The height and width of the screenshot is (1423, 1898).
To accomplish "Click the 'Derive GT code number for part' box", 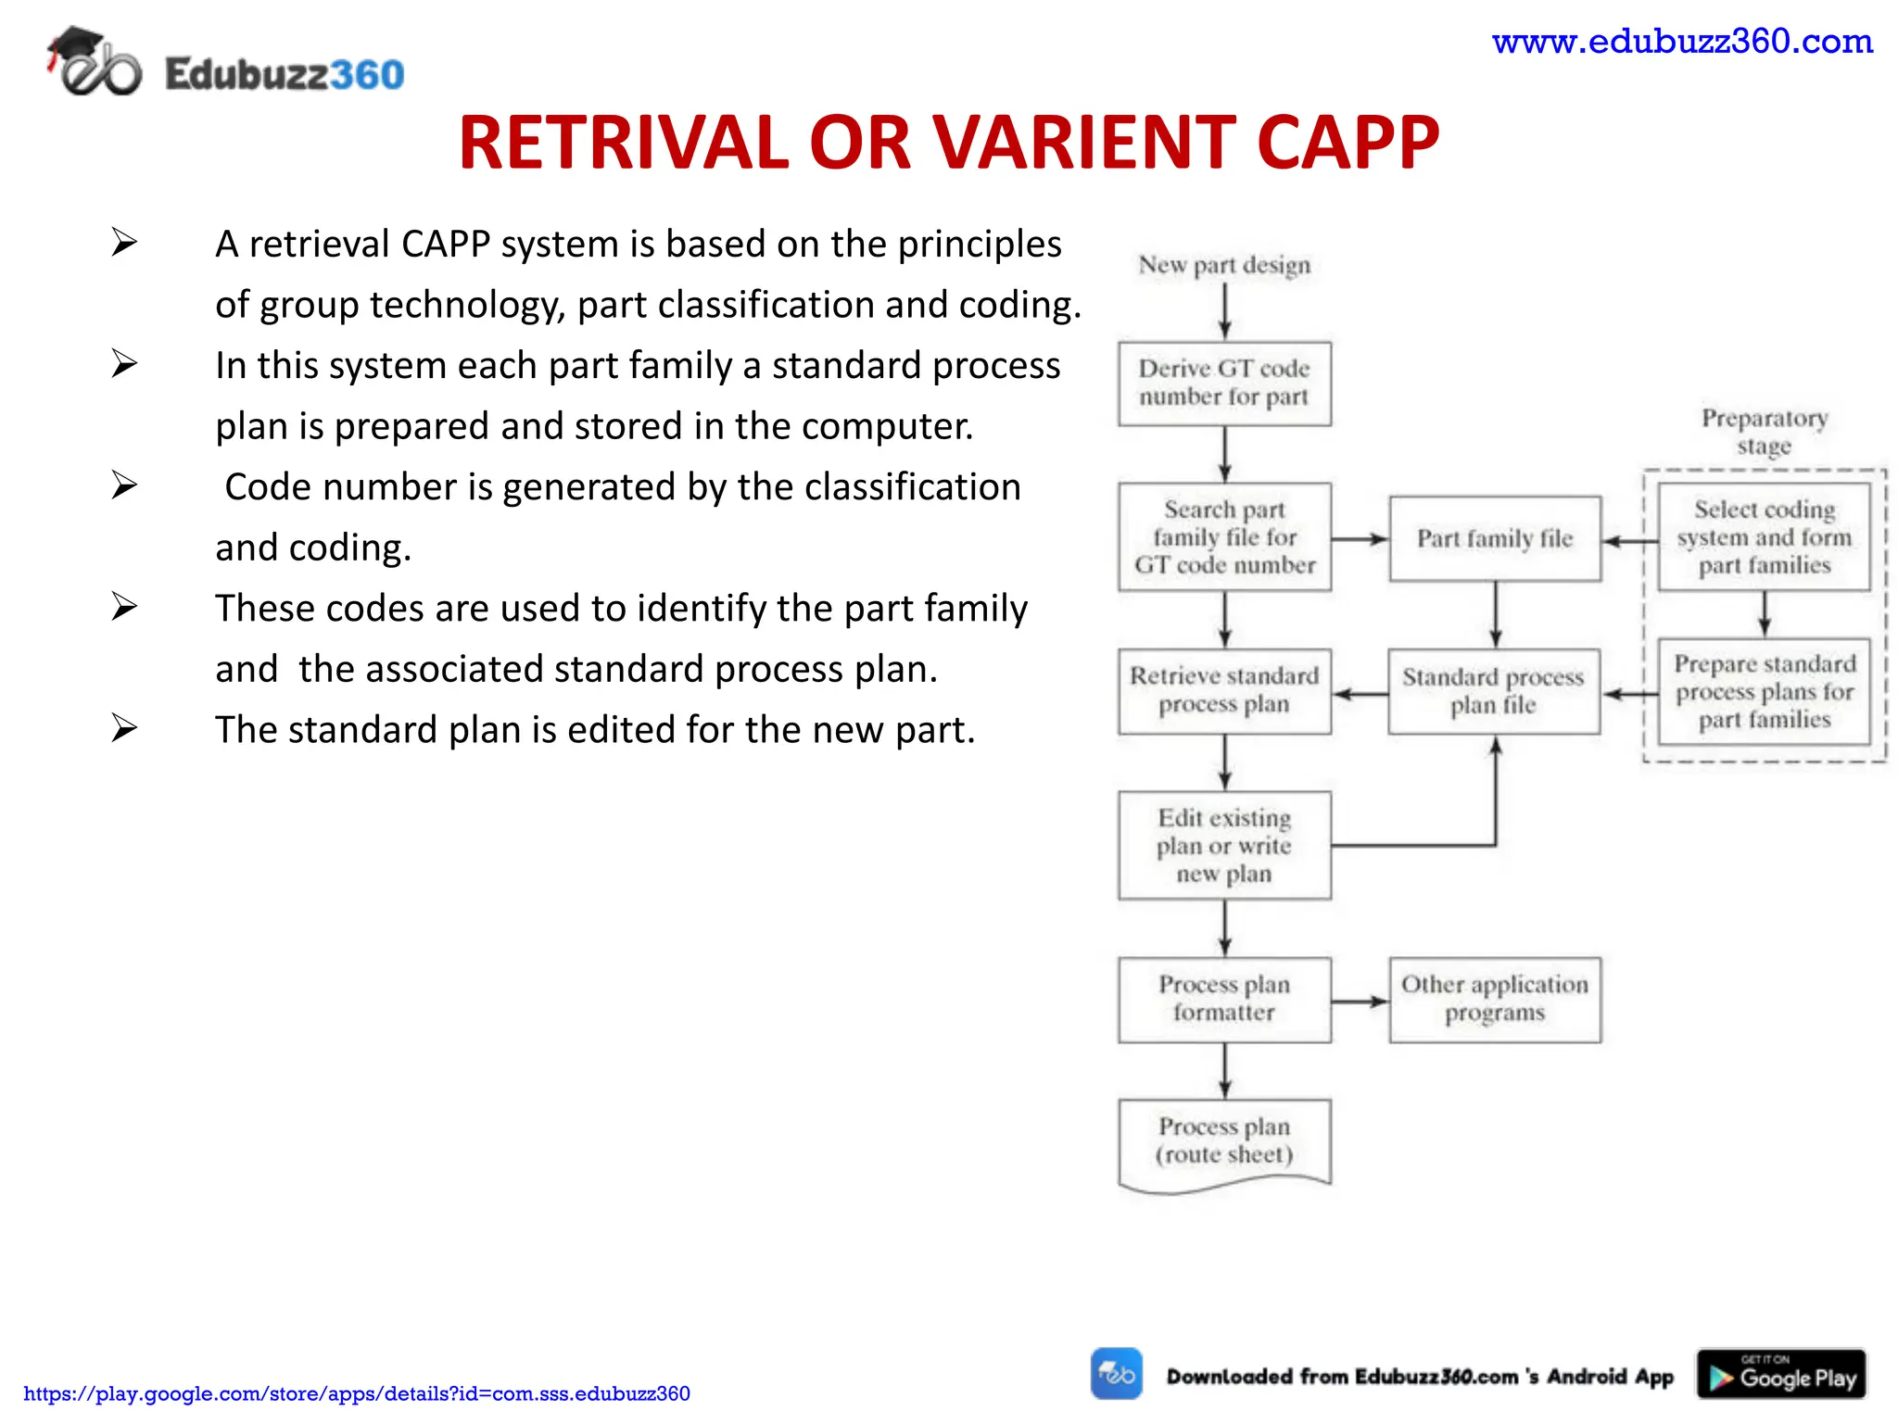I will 1223,384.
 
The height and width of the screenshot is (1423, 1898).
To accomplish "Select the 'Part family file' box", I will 1494,538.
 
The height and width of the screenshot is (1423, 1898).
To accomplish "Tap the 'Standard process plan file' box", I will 1493,691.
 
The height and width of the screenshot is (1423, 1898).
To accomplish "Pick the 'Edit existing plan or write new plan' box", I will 1223,845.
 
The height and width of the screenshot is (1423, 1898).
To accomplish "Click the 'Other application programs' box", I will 1494,999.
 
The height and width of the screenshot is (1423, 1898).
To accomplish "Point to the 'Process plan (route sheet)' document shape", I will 1223,1141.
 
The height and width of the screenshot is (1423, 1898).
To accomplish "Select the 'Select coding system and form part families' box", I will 1764,537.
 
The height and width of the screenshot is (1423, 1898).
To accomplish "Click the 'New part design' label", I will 1223,265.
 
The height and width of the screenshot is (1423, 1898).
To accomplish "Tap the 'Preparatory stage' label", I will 1764,432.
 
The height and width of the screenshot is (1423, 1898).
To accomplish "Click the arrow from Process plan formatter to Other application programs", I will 1360,1001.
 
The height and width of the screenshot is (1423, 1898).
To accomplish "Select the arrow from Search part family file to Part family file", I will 1360,539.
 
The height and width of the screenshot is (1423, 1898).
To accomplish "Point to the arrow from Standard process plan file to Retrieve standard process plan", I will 1360,693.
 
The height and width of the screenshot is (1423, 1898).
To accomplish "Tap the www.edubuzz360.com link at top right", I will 1681,42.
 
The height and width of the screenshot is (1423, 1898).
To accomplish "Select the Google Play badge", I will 1780,1374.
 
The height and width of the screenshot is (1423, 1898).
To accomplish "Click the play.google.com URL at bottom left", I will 357,1393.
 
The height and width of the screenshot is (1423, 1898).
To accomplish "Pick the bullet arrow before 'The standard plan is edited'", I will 124,728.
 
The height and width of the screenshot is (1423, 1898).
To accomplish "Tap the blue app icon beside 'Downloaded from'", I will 1116,1373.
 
